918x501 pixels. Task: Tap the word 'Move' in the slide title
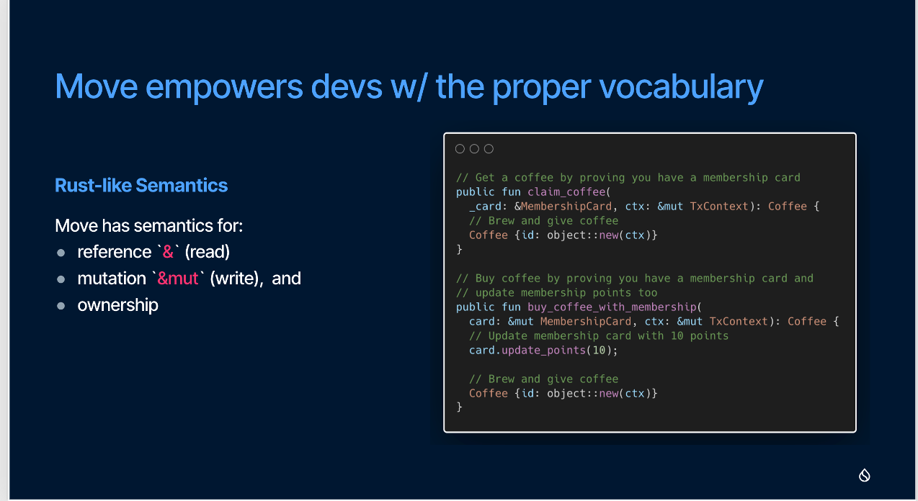click(x=97, y=86)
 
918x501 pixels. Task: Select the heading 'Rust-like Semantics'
click(x=141, y=186)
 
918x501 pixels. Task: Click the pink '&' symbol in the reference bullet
click(x=168, y=252)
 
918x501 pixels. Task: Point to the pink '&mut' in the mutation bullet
click(x=178, y=279)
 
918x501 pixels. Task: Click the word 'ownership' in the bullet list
click(x=118, y=305)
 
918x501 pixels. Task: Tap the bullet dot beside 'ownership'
click(x=61, y=306)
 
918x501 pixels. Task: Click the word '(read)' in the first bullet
click(x=208, y=252)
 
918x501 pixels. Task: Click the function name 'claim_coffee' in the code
click(x=567, y=192)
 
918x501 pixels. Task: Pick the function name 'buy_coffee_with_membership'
click(x=612, y=307)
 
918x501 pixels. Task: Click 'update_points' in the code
click(x=544, y=351)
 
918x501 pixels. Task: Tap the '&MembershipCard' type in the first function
click(x=563, y=207)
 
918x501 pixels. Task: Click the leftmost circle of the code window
click(x=460, y=149)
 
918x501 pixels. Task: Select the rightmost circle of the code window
click(x=489, y=149)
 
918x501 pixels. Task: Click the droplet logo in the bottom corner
click(x=864, y=475)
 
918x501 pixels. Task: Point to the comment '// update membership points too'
click(x=557, y=293)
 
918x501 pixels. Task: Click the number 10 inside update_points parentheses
click(x=600, y=351)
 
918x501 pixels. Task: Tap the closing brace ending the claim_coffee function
click(x=460, y=250)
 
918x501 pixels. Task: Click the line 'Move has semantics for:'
click(x=148, y=225)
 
